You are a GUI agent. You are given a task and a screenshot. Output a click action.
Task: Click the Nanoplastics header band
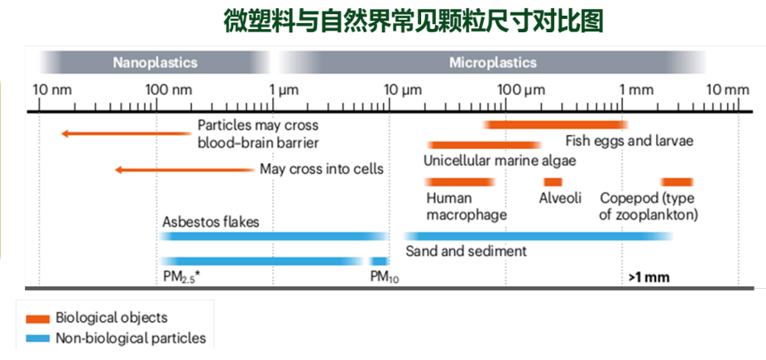coord(155,63)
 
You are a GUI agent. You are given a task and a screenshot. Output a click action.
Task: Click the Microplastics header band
coord(492,63)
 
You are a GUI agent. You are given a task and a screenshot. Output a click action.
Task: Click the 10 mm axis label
coord(728,90)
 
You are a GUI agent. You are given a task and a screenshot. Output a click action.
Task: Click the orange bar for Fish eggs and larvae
coord(556,125)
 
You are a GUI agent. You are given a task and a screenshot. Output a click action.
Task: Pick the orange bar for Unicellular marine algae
coord(484,145)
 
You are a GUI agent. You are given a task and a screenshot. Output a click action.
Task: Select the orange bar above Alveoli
coord(553,182)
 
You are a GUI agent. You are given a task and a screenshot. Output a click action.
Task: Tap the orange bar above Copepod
coord(677,182)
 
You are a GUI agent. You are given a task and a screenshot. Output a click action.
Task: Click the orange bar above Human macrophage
coord(460,182)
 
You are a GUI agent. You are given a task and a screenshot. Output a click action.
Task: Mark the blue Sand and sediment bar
coord(539,237)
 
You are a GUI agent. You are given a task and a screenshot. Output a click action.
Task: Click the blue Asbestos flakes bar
coord(275,237)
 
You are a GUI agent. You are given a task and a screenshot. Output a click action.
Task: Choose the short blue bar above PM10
coord(379,261)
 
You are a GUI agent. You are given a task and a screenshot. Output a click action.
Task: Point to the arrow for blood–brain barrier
coord(126,133)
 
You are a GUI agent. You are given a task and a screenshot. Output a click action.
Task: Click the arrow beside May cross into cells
coord(184,170)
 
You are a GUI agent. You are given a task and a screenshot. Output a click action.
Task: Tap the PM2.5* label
coord(182,277)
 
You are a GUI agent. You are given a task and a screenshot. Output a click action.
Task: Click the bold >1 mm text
coord(649,277)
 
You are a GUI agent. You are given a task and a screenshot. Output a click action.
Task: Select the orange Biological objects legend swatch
coord(37,319)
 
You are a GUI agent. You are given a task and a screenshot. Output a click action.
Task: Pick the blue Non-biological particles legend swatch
coord(37,338)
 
